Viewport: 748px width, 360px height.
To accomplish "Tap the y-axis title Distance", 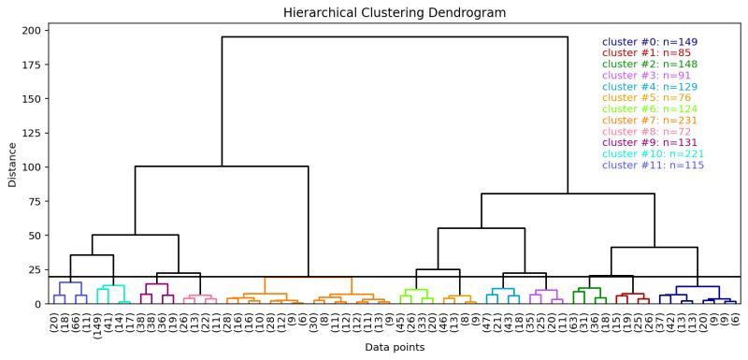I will tap(13, 165).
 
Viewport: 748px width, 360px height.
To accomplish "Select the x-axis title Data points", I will tap(394, 347).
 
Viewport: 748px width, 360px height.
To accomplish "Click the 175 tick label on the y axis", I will tap(33, 65).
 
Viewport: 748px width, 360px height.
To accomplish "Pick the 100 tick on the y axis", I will tap(33, 167).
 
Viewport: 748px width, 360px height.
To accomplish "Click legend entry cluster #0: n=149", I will tap(649, 42).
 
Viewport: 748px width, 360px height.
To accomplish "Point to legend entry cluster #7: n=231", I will tap(649, 121).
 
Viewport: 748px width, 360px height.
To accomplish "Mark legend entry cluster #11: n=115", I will tap(653, 166).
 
